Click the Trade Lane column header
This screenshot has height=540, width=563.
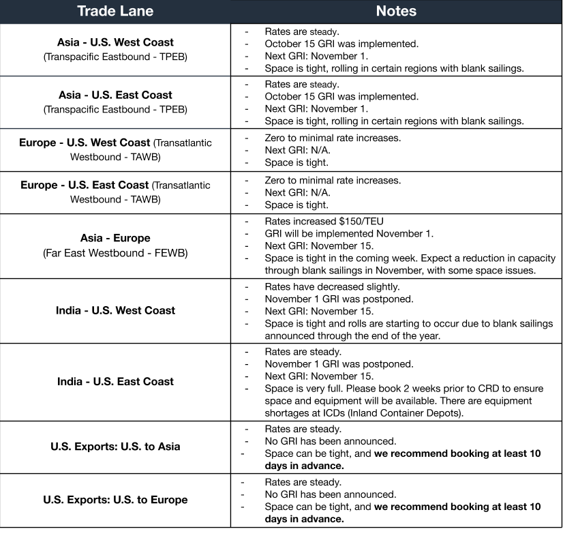(x=115, y=11)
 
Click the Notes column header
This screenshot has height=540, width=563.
(x=396, y=11)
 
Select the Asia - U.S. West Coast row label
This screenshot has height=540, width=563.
(x=115, y=42)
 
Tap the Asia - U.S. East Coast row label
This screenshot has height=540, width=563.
(x=115, y=95)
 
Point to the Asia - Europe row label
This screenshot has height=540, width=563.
(x=115, y=238)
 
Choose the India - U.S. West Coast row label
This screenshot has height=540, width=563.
(x=115, y=310)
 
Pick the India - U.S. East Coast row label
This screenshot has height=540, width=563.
(x=115, y=382)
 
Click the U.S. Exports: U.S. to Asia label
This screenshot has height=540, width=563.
(x=115, y=447)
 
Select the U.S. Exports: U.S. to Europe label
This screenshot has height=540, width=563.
(x=115, y=500)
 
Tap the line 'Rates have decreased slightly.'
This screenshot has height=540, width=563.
(x=332, y=286)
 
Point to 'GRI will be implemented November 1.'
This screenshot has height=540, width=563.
(x=348, y=233)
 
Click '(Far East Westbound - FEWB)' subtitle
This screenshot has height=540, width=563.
(x=115, y=253)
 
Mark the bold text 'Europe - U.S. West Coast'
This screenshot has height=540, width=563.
(x=85, y=142)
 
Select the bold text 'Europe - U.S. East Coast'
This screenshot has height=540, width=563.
(x=85, y=185)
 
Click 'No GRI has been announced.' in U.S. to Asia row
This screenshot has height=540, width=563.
(x=330, y=441)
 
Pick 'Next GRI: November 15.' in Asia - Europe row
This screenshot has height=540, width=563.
(x=319, y=245)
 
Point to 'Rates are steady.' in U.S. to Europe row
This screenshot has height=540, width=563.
(x=303, y=482)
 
